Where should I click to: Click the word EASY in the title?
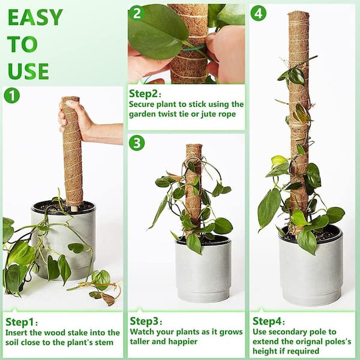pyautogui.click(x=35, y=17)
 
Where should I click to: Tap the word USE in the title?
pyautogui.click(x=28, y=70)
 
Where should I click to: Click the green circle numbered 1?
pyautogui.click(x=12, y=95)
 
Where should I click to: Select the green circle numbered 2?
pyautogui.click(x=137, y=13)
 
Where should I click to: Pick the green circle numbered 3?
pyautogui.click(x=137, y=143)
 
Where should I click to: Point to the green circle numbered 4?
pyautogui.click(x=259, y=13)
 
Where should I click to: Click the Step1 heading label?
pyautogui.click(x=22, y=321)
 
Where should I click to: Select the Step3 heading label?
pyautogui.click(x=146, y=321)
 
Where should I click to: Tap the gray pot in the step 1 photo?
pyautogui.click(x=62, y=234)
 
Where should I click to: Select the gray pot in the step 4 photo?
pyautogui.click(x=311, y=264)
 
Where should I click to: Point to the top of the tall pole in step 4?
pyautogui.click(x=298, y=14)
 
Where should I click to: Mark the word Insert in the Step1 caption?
pyautogui.click(x=18, y=332)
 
